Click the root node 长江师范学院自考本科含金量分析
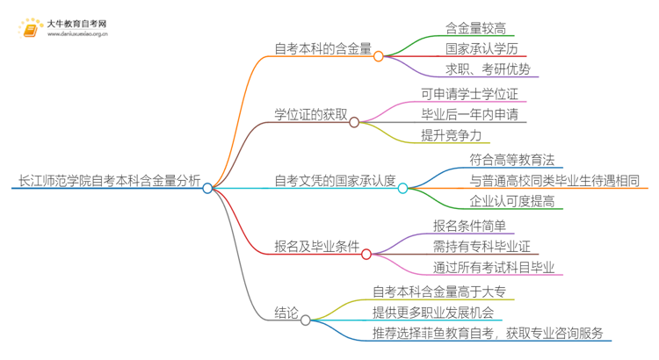click(105, 186)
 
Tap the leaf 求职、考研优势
click(488, 70)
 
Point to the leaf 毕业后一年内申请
click(481, 115)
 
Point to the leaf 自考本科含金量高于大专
click(438, 292)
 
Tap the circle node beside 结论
click(305, 320)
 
